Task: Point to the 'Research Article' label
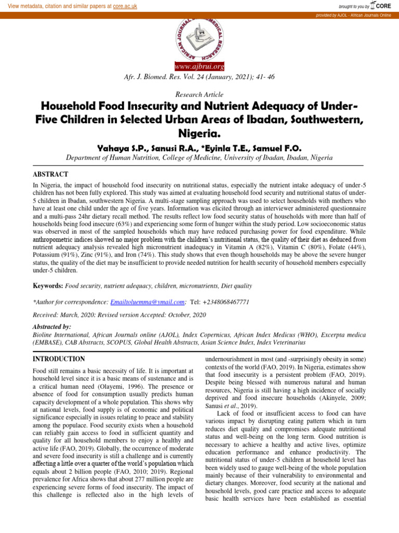pyautogui.click(x=199, y=95)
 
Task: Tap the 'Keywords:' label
pyautogui.click(x=48, y=286)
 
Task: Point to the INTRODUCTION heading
pyautogui.click(x=59, y=359)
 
